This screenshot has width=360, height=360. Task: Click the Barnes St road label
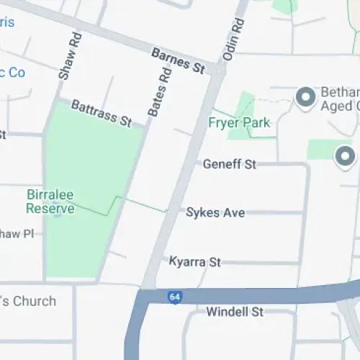coord(179,60)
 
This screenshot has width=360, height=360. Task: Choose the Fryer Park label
coord(239,122)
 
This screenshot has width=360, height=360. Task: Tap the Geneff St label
coord(229,164)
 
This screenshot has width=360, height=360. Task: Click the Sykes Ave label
coord(215,212)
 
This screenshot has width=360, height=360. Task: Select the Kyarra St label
coord(194,261)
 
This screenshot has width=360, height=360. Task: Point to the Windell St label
coord(235,312)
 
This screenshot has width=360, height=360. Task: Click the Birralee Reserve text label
coord(50,201)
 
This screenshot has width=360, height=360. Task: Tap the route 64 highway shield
coord(174,297)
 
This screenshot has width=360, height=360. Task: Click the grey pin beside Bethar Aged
coord(306,96)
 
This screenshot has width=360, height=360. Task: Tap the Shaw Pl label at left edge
coord(17,233)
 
